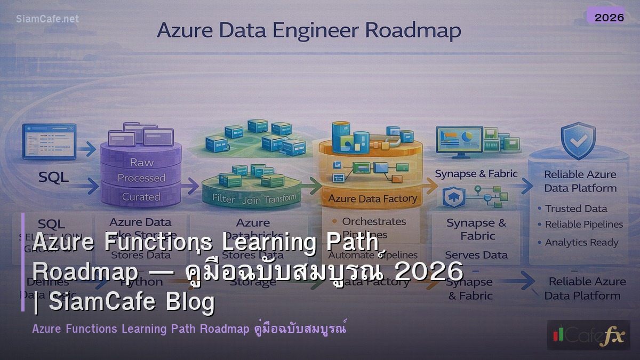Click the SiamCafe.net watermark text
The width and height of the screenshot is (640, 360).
click(x=47, y=19)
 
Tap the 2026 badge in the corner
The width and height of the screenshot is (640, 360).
click(x=609, y=17)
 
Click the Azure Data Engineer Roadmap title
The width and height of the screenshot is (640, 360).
click(x=309, y=30)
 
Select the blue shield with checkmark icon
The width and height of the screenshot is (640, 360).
click(x=578, y=140)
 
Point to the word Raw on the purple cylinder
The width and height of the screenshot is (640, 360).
click(x=141, y=162)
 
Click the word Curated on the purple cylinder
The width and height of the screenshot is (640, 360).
click(x=141, y=197)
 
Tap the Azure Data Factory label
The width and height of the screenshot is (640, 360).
click(x=372, y=198)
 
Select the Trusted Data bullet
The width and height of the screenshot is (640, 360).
click(x=576, y=209)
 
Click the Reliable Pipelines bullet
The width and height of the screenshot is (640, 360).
click(x=583, y=225)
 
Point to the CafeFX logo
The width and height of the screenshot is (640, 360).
click(x=588, y=335)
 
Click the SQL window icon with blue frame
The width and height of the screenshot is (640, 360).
click(x=49, y=141)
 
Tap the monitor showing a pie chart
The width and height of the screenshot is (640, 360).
click(x=459, y=141)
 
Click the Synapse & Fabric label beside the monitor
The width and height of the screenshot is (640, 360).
click(x=476, y=174)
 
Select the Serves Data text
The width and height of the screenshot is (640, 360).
click(x=476, y=255)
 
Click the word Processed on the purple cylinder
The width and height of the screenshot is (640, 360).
click(x=141, y=178)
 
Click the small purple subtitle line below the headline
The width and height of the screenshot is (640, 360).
click(x=189, y=329)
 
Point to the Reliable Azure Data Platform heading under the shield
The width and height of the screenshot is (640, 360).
click(x=580, y=181)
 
